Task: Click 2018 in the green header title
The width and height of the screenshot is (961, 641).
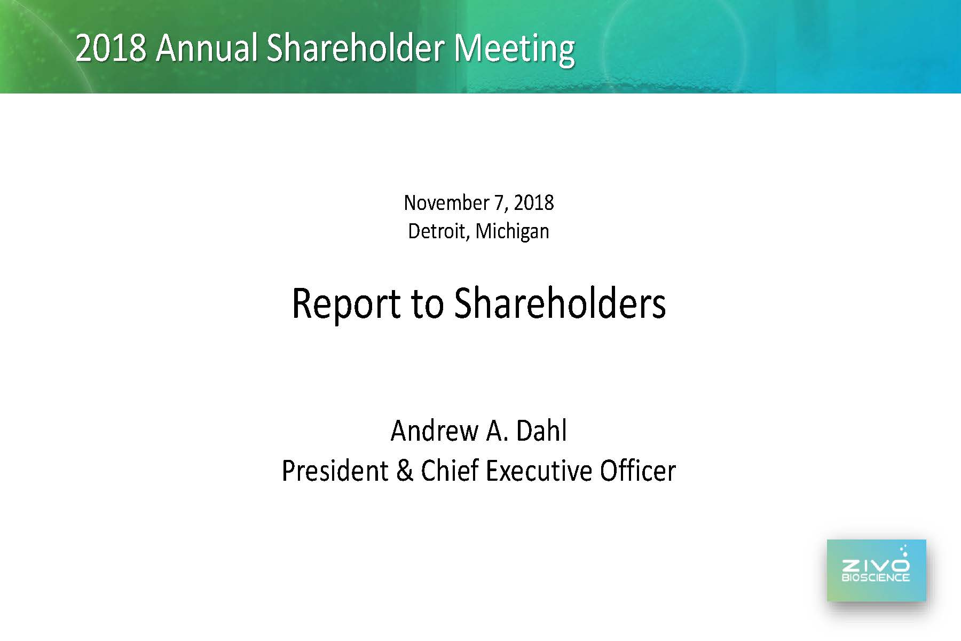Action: [111, 48]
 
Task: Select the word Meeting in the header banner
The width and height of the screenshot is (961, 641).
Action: [514, 49]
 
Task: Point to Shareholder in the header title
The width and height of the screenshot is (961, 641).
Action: [355, 48]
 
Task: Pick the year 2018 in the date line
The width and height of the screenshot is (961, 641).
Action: [533, 203]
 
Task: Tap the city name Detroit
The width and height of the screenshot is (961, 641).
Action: [439, 231]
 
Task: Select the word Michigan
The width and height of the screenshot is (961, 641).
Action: [512, 232]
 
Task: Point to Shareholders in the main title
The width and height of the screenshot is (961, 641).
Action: [560, 303]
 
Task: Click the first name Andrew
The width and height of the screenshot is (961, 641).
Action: [435, 431]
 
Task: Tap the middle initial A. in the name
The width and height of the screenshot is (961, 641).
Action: [498, 431]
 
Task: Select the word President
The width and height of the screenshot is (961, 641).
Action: [335, 471]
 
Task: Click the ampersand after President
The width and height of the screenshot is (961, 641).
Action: [405, 471]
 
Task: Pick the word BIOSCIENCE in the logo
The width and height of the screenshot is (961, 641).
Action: [876, 577]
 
